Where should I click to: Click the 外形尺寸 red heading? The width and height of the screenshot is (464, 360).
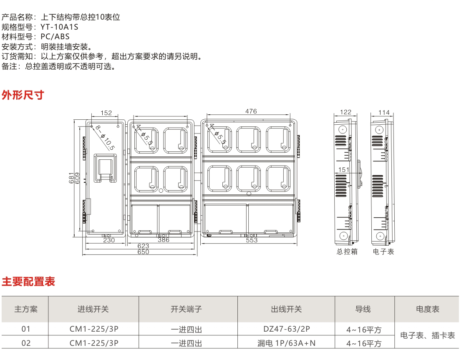[x=23, y=95]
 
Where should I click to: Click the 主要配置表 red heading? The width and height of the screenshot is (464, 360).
[x=28, y=282]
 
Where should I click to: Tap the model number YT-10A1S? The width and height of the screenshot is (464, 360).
[x=59, y=27]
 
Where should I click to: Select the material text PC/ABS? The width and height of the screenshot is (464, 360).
[x=55, y=36]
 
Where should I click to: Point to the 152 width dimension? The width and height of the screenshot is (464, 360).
[x=106, y=113]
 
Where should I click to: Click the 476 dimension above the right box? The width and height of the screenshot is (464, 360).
[x=251, y=111]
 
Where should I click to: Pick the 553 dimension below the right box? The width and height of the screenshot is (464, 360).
[x=252, y=240]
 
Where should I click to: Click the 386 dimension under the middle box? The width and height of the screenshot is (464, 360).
[x=164, y=240]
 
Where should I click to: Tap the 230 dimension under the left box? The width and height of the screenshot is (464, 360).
[x=109, y=240]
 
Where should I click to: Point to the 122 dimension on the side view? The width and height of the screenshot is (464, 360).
[x=346, y=112]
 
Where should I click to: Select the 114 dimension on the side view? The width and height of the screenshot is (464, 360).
[x=384, y=112]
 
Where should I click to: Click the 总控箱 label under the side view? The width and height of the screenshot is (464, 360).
[x=347, y=252]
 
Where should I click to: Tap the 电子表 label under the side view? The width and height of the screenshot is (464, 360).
[x=383, y=252]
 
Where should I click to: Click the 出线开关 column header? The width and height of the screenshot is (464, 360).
[x=286, y=309]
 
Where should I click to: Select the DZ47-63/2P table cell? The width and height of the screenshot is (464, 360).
[x=286, y=329]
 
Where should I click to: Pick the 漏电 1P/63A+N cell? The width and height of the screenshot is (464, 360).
[x=286, y=343]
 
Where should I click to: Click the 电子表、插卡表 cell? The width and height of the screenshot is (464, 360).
[x=427, y=335]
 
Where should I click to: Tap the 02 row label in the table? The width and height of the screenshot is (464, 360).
[x=26, y=343]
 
